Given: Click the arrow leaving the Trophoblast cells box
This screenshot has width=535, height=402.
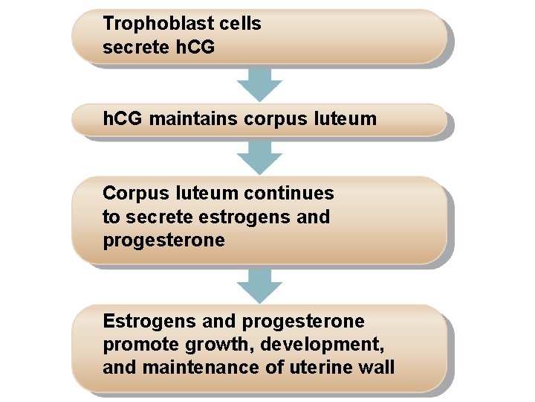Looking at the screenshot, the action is point(259,84).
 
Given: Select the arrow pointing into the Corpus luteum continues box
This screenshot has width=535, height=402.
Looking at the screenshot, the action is point(259,156).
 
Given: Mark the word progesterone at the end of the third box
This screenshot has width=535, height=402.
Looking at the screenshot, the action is point(163,241).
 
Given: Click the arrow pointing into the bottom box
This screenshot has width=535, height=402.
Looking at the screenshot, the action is point(259,285).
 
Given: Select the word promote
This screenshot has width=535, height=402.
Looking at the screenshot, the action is point(135,345).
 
